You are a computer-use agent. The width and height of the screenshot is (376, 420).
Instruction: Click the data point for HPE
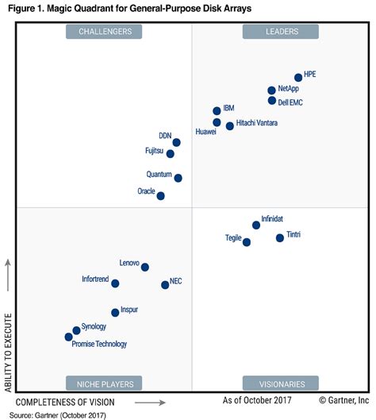298,77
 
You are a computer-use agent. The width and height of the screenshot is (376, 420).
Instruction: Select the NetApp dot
271,91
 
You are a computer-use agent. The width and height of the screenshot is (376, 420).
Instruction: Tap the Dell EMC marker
272,101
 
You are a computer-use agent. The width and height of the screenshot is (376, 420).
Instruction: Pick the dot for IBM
217,111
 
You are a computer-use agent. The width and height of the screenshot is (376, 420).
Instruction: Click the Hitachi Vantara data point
230,125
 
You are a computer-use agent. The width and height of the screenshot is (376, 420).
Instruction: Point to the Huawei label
205,133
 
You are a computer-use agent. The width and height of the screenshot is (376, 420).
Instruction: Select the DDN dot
176,142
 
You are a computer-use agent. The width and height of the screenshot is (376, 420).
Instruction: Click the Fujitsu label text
155,149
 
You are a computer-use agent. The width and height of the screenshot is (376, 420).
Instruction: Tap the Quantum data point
178,178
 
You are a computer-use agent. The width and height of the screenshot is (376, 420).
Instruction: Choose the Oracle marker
161,195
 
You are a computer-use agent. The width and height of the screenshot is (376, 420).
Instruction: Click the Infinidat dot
255,225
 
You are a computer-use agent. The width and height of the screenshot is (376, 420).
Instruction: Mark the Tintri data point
279,237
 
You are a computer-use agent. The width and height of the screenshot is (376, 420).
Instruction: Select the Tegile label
233,237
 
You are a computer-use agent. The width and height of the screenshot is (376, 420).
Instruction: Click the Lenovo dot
144,267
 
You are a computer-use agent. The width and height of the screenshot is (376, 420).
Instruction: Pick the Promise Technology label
99,344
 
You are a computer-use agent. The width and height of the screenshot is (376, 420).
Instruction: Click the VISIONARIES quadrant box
280,382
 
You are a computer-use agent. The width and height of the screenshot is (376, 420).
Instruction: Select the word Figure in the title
22,9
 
